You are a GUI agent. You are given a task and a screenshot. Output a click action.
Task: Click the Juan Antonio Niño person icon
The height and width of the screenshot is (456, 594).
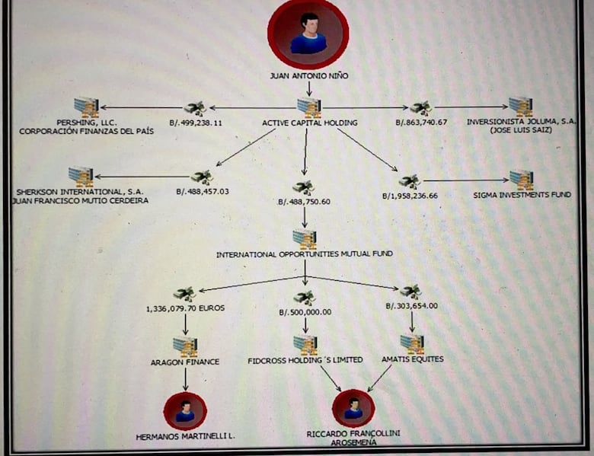[x=308, y=34]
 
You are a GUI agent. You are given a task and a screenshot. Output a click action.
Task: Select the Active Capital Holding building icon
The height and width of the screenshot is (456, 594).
[x=309, y=107]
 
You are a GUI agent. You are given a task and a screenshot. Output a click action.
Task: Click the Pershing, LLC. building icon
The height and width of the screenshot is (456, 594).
[x=86, y=107]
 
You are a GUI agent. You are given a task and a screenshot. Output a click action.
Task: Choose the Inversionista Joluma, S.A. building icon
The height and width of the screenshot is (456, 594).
[x=521, y=107]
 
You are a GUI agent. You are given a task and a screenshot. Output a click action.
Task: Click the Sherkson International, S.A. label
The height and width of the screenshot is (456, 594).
[x=69, y=191]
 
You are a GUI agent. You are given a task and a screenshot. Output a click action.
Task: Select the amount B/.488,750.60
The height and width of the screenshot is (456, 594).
[x=304, y=201]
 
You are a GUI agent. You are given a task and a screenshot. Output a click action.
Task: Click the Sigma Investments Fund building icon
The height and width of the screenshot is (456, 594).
[x=522, y=180]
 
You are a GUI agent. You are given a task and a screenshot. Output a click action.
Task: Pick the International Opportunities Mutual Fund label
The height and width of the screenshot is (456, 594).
[x=305, y=254]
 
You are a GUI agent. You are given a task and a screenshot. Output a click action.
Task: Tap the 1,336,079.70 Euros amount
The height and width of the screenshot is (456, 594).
[x=185, y=309]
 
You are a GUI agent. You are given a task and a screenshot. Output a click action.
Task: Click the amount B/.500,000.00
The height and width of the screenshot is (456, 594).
[x=305, y=312]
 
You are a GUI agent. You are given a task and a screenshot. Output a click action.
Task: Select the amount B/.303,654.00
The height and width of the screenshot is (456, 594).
[x=411, y=306]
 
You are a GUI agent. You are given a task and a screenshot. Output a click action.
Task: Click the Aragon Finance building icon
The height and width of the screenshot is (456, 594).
[x=185, y=347]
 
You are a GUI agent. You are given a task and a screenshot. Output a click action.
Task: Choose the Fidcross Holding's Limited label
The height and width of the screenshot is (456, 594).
[x=305, y=359]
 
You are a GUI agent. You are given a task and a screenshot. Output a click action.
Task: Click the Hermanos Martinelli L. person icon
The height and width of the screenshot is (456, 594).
[x=185, y=411]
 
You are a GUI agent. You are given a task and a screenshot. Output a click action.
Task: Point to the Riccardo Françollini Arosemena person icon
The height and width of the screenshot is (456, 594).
[x=353, y=409]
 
